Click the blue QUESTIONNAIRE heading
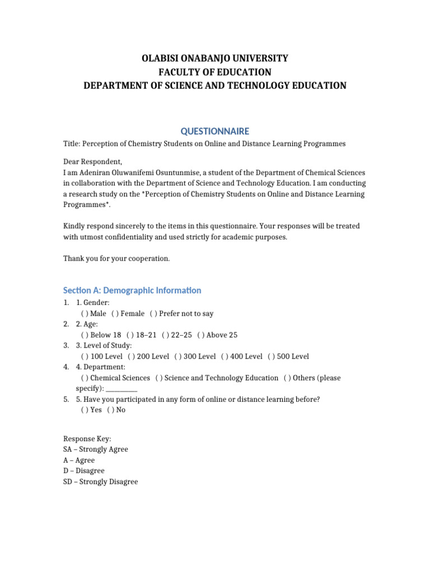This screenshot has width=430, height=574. [x=215, y=131]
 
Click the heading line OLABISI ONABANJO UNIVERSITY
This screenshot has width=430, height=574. [x=215, y=58]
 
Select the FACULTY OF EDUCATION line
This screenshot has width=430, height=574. [x=215, y=72]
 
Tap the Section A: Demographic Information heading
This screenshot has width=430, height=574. [x=132, y=290]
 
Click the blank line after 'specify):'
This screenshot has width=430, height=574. [x=121, y=388]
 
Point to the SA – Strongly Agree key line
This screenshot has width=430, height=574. [x=96, y=449]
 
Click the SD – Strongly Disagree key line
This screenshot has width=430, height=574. [x=100, y=482]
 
